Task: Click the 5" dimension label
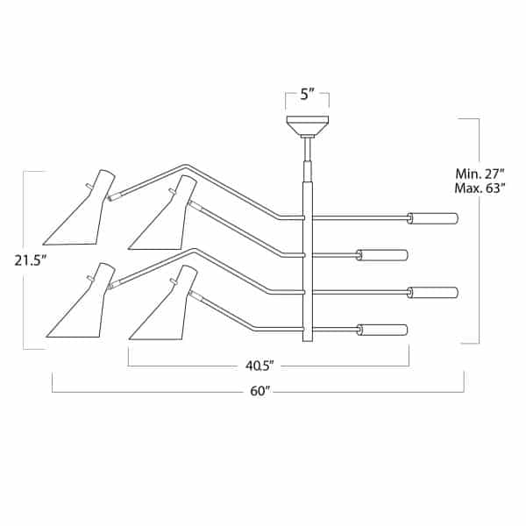(307, 95)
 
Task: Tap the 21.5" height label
(30, 260)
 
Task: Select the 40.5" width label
(259, 366)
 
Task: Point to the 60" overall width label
(260, 391)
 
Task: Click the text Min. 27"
(480, 174)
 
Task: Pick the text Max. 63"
(480, 188)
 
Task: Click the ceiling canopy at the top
(307, 124)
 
